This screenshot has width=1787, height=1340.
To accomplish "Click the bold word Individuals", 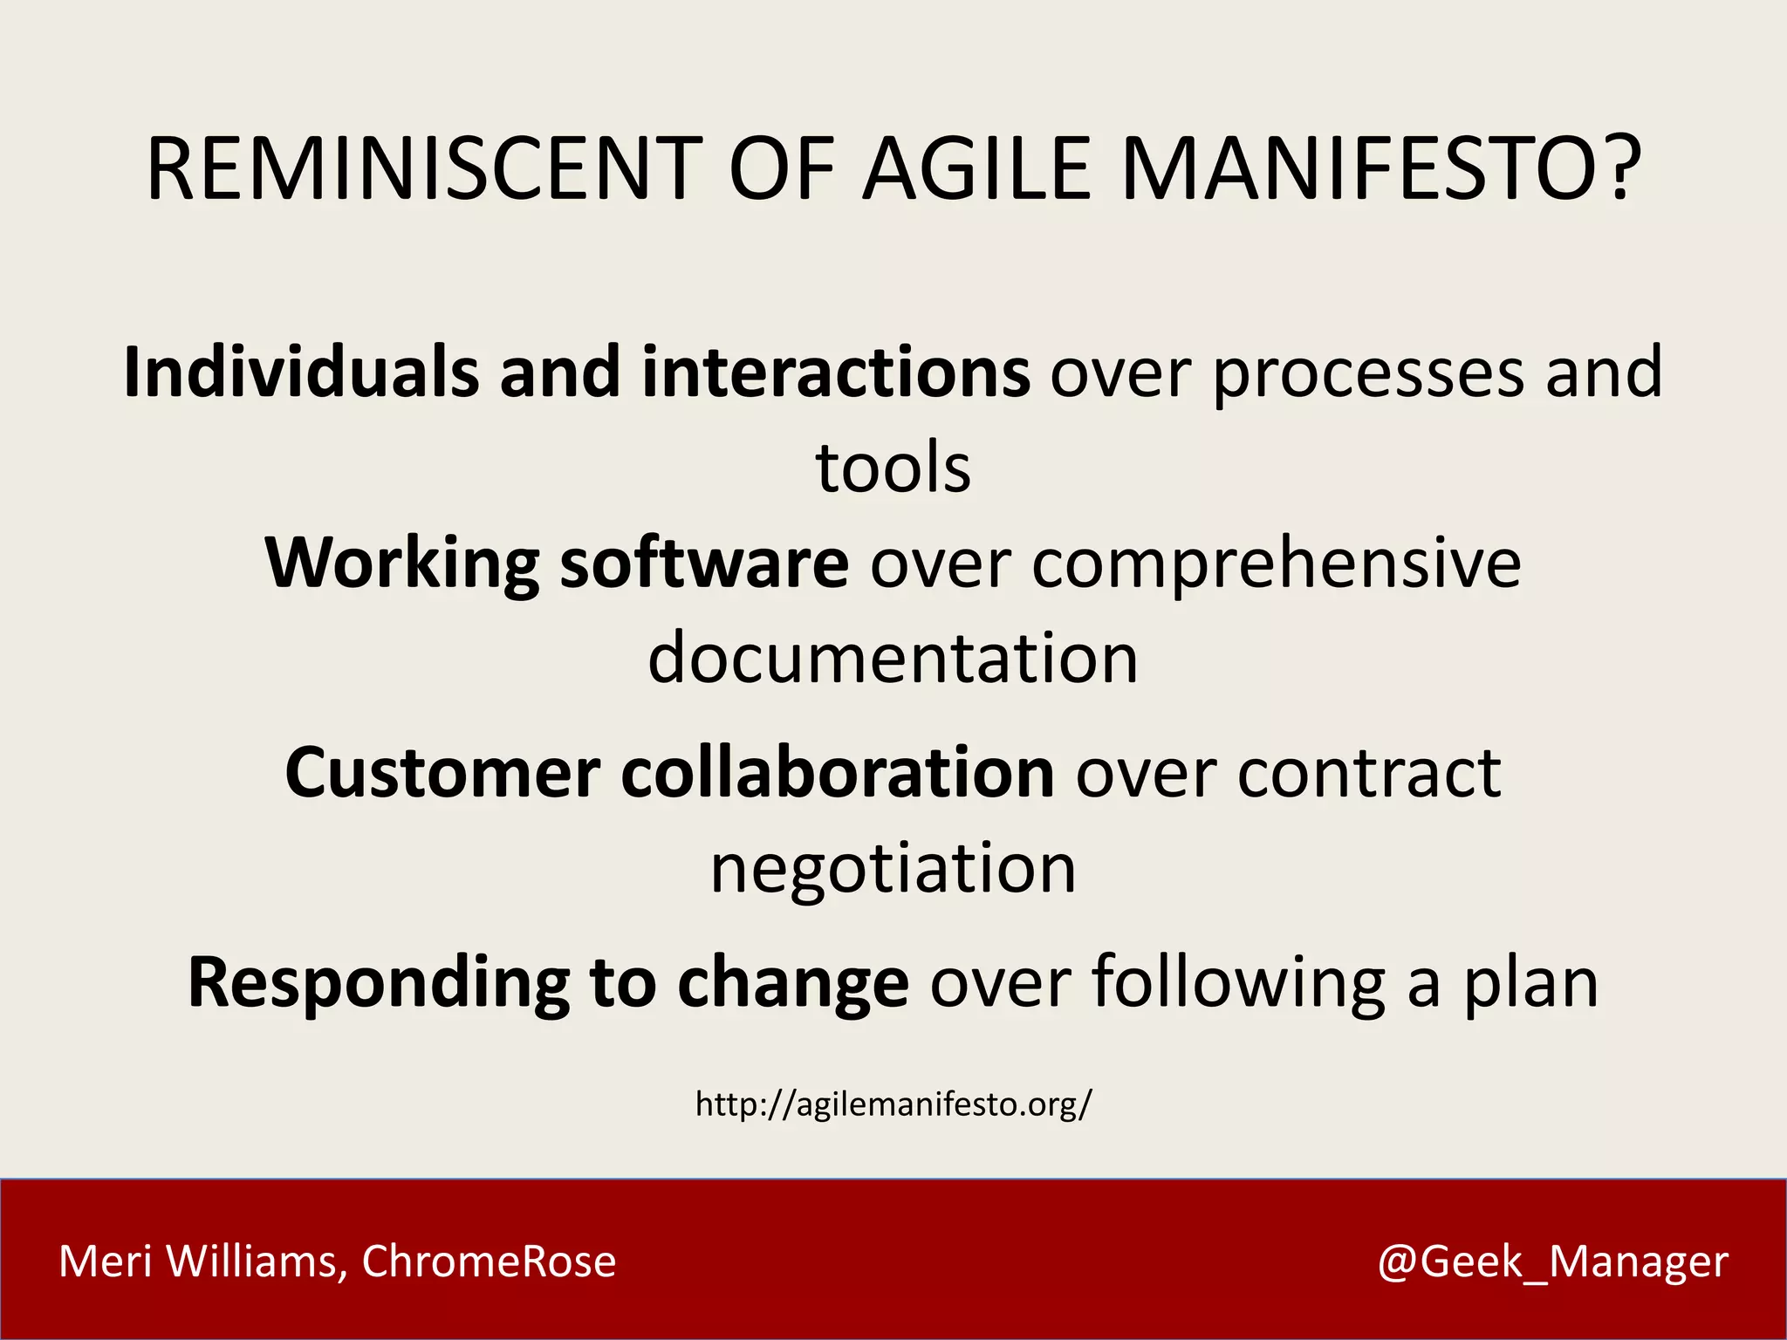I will [301, 373].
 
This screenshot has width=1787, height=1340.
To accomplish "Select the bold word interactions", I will [836, 373].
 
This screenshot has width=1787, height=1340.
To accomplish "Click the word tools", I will [893, 468].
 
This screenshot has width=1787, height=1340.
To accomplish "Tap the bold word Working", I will [402, 564].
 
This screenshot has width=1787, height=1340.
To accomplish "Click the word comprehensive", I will [1277, 564].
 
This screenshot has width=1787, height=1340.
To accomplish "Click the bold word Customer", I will [442, 773].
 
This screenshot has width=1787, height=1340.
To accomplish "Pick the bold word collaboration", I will [837, 773].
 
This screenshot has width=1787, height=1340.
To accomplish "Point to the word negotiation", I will [893, 870].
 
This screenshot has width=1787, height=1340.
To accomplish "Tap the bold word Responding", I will [378, 984].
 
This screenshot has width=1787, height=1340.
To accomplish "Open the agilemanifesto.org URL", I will [893, 1104].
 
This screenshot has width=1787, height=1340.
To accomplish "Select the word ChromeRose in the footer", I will [489, 1261].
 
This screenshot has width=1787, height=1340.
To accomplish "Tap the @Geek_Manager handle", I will [1552, 1261].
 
